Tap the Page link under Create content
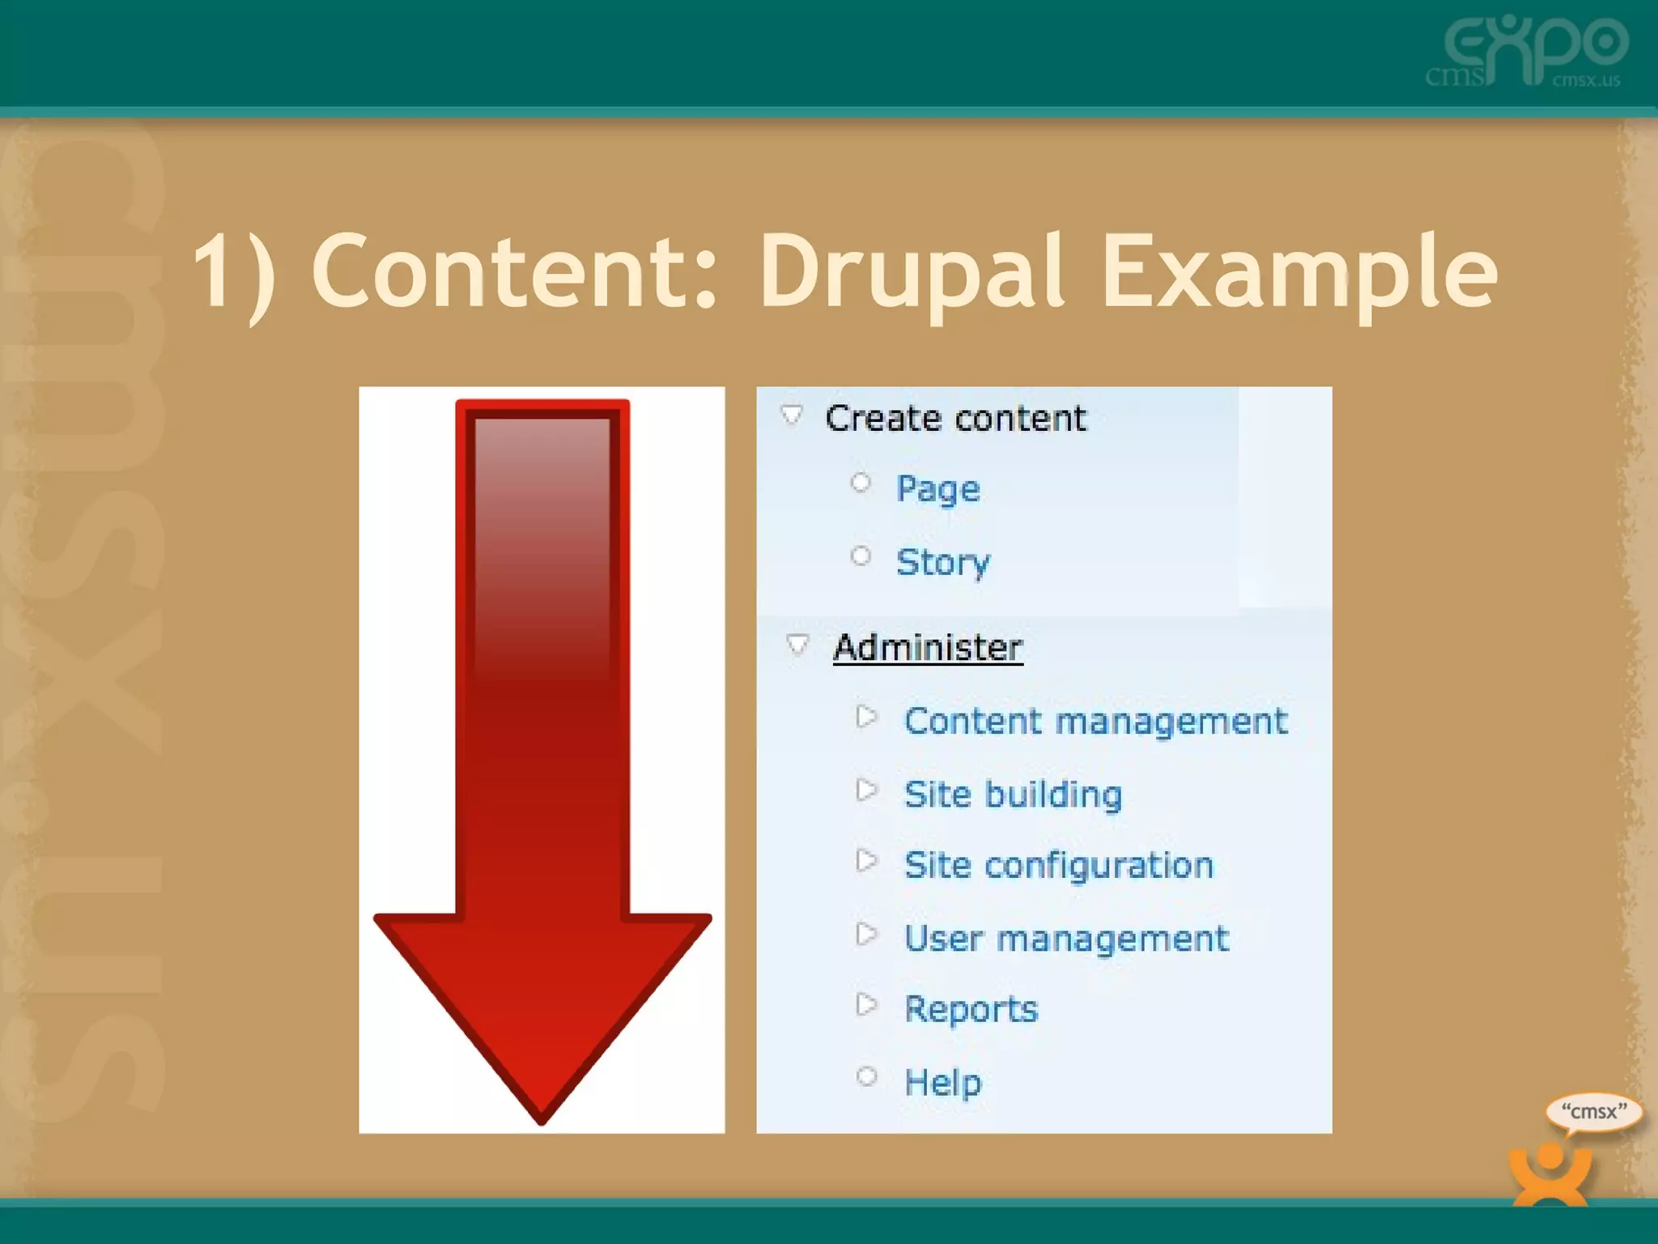937,488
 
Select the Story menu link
942,562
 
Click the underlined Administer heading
928,647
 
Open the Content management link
1095,721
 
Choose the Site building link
1013,794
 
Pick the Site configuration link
1058,865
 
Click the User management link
1065,939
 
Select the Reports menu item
971,1009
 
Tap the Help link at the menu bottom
942,1082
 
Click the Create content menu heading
955,419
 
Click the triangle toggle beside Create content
792,415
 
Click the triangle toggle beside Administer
797,645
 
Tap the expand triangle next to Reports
866,1005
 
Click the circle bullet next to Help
866,1076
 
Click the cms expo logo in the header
1528,50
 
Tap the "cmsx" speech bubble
1593,1112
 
